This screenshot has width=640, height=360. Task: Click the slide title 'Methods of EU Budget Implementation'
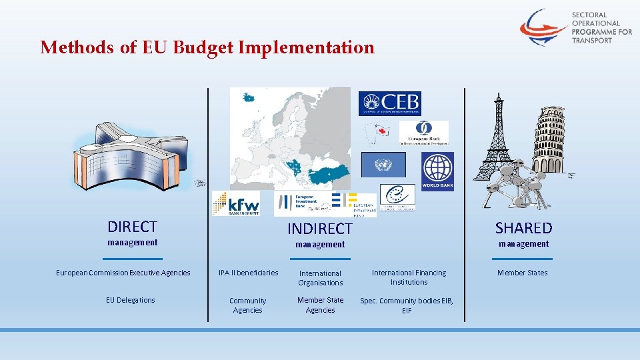pyautogui.click(x=207, y=48)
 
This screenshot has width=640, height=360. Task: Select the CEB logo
pyautogui.click(x=389, y=103)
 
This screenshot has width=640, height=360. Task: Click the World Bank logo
pyautogui.click(x=437, y=171)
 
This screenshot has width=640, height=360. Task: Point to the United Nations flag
pyautogui.click(x=383, y=165)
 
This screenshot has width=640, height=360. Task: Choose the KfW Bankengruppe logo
pyautogui.click(x=235, y=203)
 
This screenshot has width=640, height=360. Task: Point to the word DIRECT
pyautogui.click(x=132, y=227)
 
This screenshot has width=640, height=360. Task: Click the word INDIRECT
pyautogui.click(x=319, y=229)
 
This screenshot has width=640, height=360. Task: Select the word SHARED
pyautogui.click(x=523, y=228)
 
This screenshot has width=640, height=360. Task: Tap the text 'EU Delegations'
pyautogui.click(x=130, y=300)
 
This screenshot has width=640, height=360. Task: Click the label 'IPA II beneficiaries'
pyautogui.click(x=248, y=273)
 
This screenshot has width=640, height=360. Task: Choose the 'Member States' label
pyautogui.click(x=522, y=273)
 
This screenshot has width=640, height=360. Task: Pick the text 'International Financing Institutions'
pyautogui.click(x=409, y=277)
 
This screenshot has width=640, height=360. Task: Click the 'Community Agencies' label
pyautogui.click(x=247, y=305)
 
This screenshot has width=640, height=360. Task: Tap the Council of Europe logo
pyautogui.click(x=397, y=197)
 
